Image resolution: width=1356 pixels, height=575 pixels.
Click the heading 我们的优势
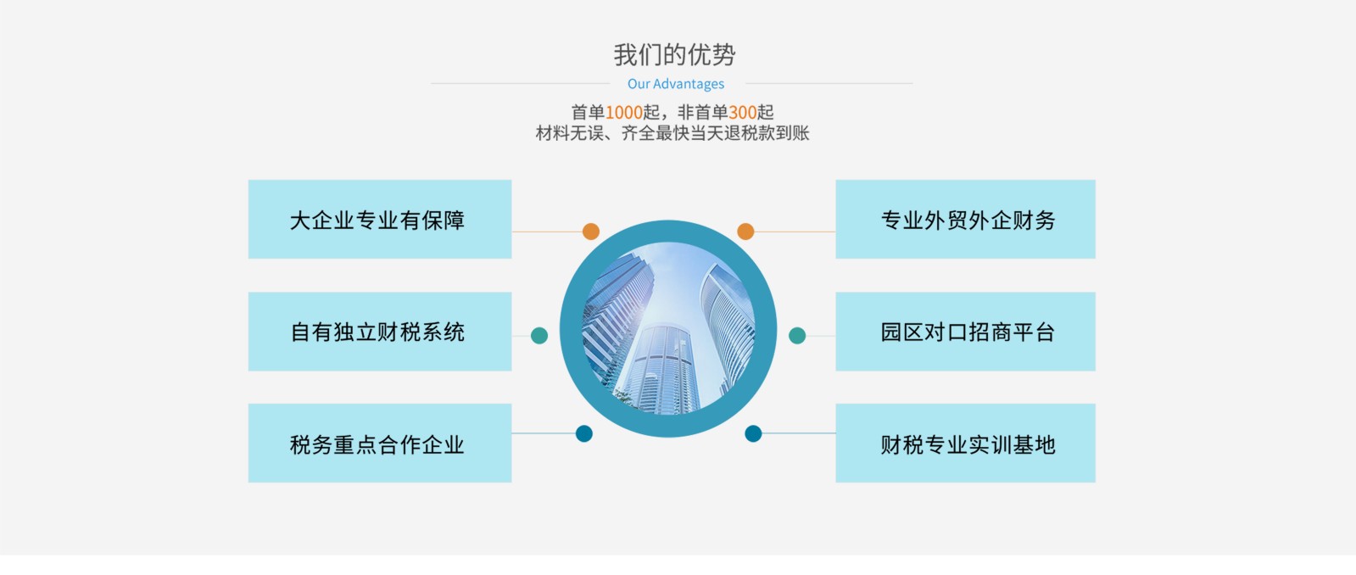tap(674, 55)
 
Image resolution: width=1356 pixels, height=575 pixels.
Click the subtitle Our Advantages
tap(676, 83)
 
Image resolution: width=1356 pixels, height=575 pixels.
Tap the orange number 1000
tap(623, 112)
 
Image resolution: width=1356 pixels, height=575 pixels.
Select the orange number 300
tap(742, 112)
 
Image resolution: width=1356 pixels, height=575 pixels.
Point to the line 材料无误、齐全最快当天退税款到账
tap(672, 133)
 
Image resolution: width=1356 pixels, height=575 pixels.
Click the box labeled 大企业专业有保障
tap(380, 219)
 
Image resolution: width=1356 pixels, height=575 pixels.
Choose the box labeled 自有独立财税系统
tap(380, 332)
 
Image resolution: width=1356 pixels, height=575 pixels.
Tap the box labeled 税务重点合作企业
tap(380, 443)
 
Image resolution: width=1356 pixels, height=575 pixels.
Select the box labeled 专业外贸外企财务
tap(966, 219)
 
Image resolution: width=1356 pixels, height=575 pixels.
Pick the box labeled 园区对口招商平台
tap(966, 332)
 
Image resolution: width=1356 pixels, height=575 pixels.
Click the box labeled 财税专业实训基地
tap(966, 443)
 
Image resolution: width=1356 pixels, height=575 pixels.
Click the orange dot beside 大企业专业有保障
tap(591, 232)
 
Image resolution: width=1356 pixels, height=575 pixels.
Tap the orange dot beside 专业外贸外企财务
tap(745, 232)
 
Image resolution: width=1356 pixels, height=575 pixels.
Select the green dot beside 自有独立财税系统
tap(539, 335)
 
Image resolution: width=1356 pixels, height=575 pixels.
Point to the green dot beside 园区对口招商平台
tap(797, 335)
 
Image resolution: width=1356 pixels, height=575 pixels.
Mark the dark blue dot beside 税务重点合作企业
tap(584, 433)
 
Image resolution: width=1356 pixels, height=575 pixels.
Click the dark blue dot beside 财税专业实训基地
tap(753, 433)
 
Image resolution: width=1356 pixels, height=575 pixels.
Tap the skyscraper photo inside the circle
tap(668, 329)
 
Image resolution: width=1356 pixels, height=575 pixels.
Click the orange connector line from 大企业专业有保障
tap(547, 232)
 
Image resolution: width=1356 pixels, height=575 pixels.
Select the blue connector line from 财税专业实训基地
tap(799, 433)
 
